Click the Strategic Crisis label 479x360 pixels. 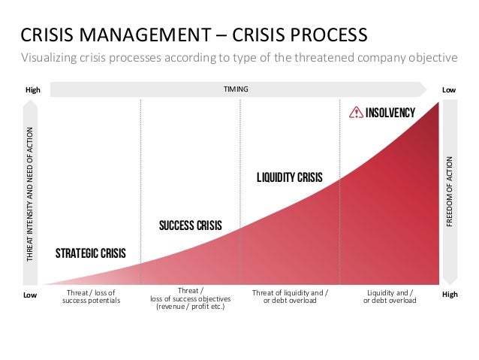point(90,253)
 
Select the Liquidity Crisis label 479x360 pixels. point(289,178)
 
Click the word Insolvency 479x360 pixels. point(390,113)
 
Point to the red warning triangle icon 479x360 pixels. point(357,113)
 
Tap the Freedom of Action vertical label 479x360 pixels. point(450,192)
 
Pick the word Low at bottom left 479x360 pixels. point(30,295)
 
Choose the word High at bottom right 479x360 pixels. point(450,295)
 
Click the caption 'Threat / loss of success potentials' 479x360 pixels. point(90,296)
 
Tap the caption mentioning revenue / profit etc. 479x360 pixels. point(190,299)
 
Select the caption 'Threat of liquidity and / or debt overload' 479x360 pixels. point(290,296)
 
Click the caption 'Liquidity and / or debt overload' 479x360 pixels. point(390,296)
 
